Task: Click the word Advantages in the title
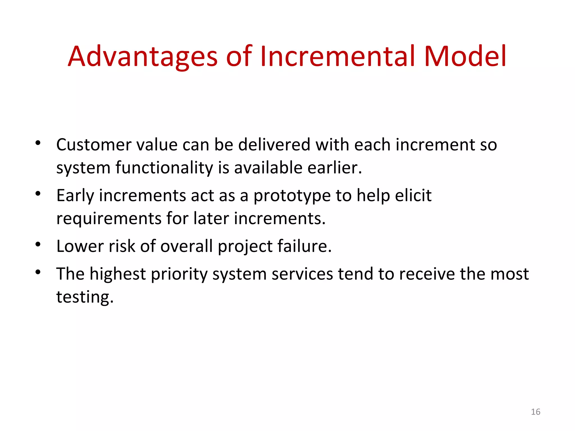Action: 143,57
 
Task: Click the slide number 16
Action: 535,412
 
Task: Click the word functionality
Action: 164,168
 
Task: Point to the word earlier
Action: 334,168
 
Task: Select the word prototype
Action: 292,196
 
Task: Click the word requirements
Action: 109,219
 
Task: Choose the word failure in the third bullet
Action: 304,246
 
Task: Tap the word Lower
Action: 80,246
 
